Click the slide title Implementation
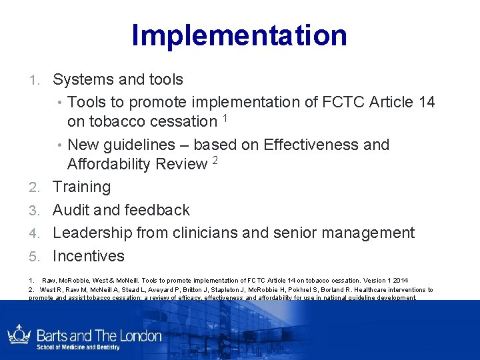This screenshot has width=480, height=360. tap(239, 35)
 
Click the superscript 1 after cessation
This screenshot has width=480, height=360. tap(226, 118)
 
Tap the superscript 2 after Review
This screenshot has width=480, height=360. tap(215, 161)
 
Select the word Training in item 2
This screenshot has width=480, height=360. tap(81, 187)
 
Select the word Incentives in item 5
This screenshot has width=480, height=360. tap(88, 256)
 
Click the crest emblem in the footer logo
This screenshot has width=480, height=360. tap(19, 335)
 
